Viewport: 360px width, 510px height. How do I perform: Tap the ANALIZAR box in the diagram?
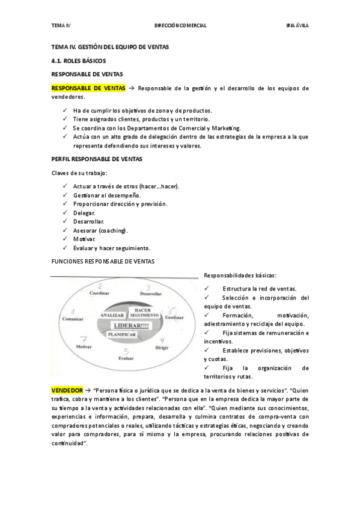pyautogui.click(x=112, y=315)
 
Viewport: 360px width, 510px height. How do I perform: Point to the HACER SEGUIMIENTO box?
pyautogui.click(x=143, y=312)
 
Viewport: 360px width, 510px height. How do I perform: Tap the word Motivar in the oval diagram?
pyautogui.click(x=84, y=347)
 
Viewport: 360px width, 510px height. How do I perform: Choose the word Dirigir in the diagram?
pyautogui.click(x=162, y=348)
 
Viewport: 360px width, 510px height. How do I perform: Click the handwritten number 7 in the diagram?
pyautogui.click(x=84, y=339)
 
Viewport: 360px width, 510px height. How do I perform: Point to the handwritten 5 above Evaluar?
pyautogui.click(x=126, y=351)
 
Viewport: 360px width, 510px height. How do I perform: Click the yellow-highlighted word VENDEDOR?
pyautogui.click(x=67, y=391)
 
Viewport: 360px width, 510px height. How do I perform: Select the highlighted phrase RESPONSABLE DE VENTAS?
pyautogui.click(x=88, y=88)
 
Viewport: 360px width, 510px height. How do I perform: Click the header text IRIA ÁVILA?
pyautogui.click(x=297, y=25)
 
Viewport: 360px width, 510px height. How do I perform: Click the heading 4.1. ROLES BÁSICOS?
pyautogui.click(x=78, y=61)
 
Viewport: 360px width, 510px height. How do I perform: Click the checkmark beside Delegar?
pyautogui.click(x=65, y=213)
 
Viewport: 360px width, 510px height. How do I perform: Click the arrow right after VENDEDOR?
pyautogui.click(x=88, y=391)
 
